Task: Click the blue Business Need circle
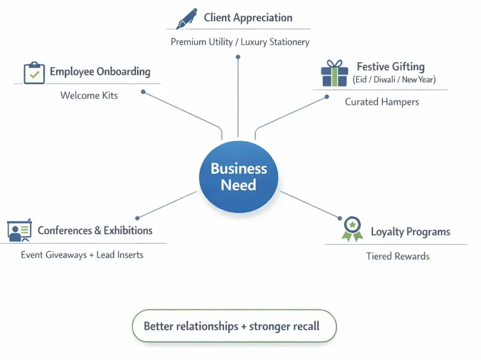[x=239, y=177]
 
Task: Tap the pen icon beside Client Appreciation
[x=186, y=19]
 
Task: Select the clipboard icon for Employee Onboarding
[x=34, y=73]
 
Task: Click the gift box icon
[x=334, y=73]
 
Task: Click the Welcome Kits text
[x=89, y=95]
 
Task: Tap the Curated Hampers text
[x=382, y=102]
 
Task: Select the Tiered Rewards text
[x=398, y=256]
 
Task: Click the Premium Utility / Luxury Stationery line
[x=240, y=42]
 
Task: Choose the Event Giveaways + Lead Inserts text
[x=82, y=255]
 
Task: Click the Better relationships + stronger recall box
[x=234, y=326]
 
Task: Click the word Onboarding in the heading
[x=124, y=72]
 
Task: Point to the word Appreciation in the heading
[x=263, y=18]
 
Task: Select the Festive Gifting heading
[x=390, y=67]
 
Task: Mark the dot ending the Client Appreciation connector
[x=238, y=57]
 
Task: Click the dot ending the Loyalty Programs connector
[x=340, y=218]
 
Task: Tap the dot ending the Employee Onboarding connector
[x=143, y=92]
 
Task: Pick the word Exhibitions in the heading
[x=128, y=230]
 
